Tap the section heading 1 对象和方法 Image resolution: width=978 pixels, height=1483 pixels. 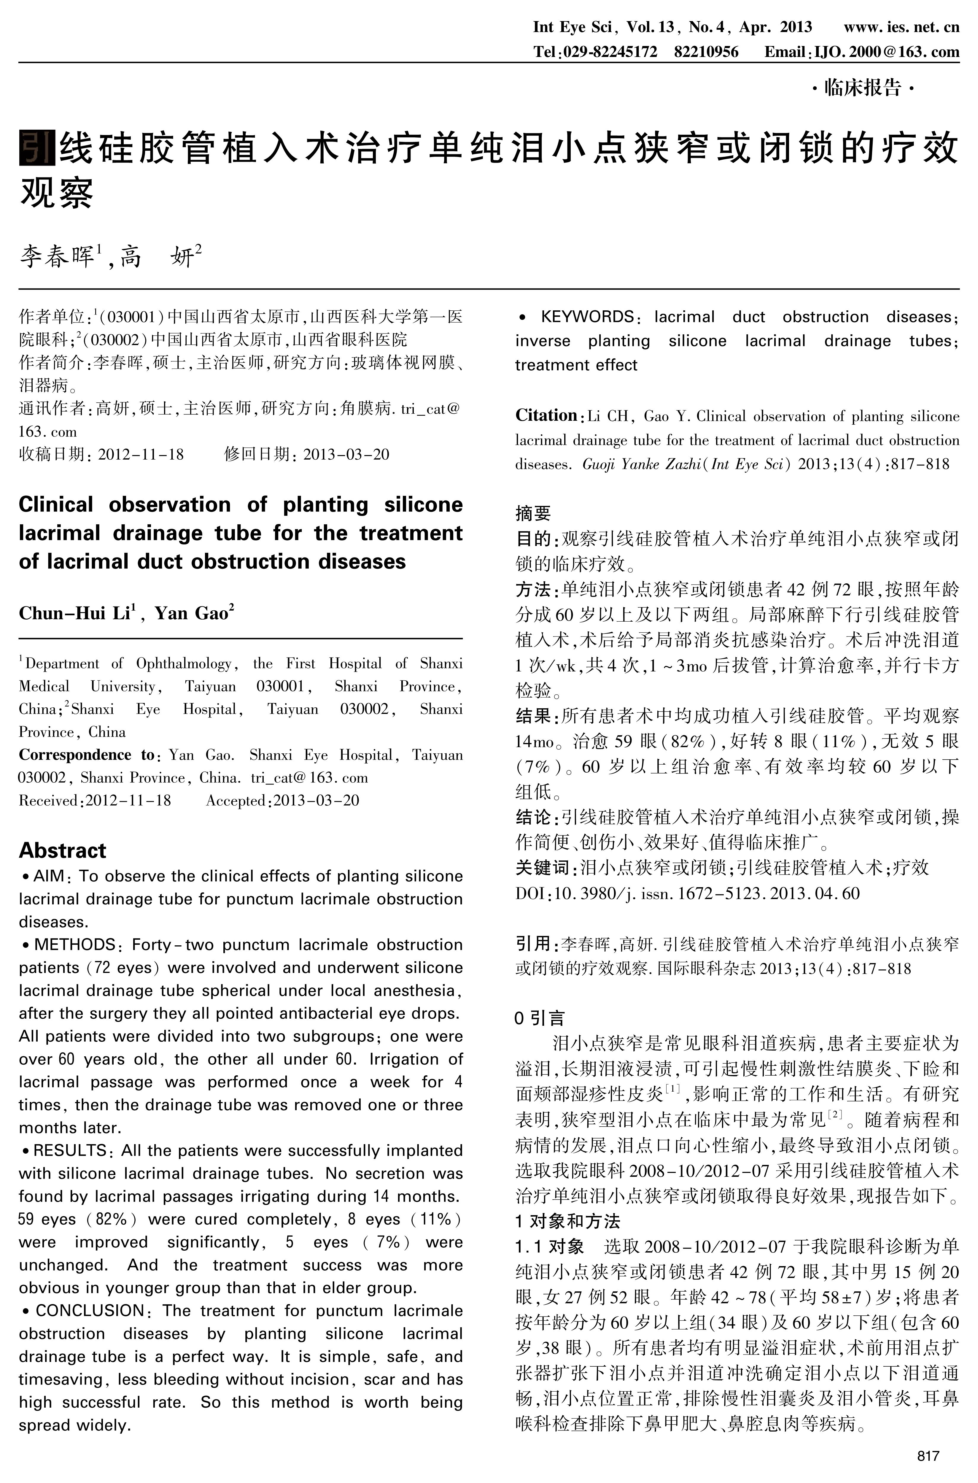click(x=567, y=1221)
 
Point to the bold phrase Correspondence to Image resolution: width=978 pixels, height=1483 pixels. click(x=87, y=755)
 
